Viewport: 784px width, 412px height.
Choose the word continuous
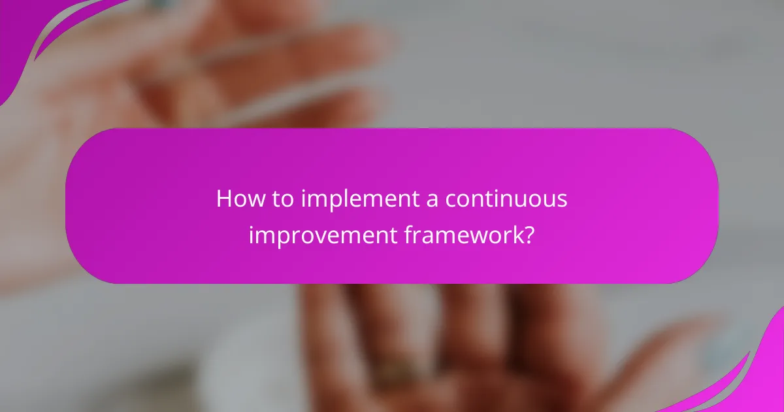(507, 199)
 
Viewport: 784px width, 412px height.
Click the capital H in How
(224, 199)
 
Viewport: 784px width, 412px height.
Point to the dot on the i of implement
(304, 190)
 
